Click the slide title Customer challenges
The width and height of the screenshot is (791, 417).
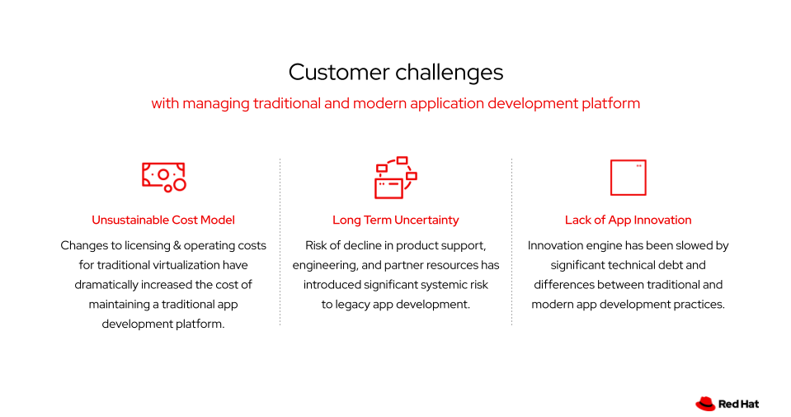pyautogui.click(x=395, y=73)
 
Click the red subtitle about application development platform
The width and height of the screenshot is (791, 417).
pyautogui.click(x=395, y=104)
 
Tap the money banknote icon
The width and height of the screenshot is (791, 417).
pyautogui.click(x=163, y=177)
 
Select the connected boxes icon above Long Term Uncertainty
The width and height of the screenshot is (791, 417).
pyautogui.click(x=395, y=178)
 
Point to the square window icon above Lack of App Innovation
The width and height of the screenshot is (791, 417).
pyautogui.click(x=628, y=178)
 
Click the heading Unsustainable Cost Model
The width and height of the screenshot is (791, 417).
pyautogui.click(x=163, y=220)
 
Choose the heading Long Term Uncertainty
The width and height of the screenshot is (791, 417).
pyautogui.click(x=395, y=220)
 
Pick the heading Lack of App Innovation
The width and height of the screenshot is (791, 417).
pyautogui.click(x=628, y=220)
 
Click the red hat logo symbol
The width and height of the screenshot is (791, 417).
pyautogui.click(x=704, y=404)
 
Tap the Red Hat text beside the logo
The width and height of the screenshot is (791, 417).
pyautogui.click(x=738, y=404)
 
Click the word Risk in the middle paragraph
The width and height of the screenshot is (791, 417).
pyautogui.click(x=318, y=245)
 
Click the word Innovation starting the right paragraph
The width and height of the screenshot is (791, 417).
pyautogui.click(x=558, y=245)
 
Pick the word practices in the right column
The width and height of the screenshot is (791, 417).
pyautogui.click(x=699, y=304)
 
